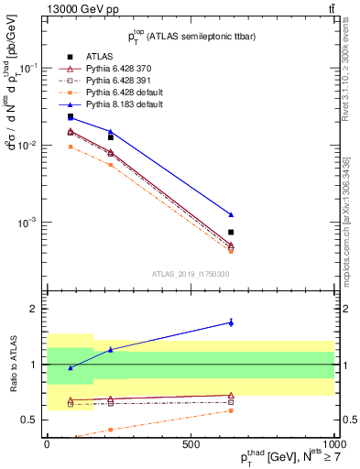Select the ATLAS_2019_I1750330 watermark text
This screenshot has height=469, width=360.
pyautogui.click(x=190, y=273)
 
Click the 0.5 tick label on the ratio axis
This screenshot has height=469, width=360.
pyautogui.click(x=32, y=420)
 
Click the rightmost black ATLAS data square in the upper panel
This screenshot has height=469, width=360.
pyautogui.click(x=231, y=232)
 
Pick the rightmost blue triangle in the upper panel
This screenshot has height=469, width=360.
pyautogui.click(x=231, y=214)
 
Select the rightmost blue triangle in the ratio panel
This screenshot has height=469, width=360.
pyautogui.click(x=231, y=322)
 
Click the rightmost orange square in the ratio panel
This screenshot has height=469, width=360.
pyautogui.click(x=231, y=410)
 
